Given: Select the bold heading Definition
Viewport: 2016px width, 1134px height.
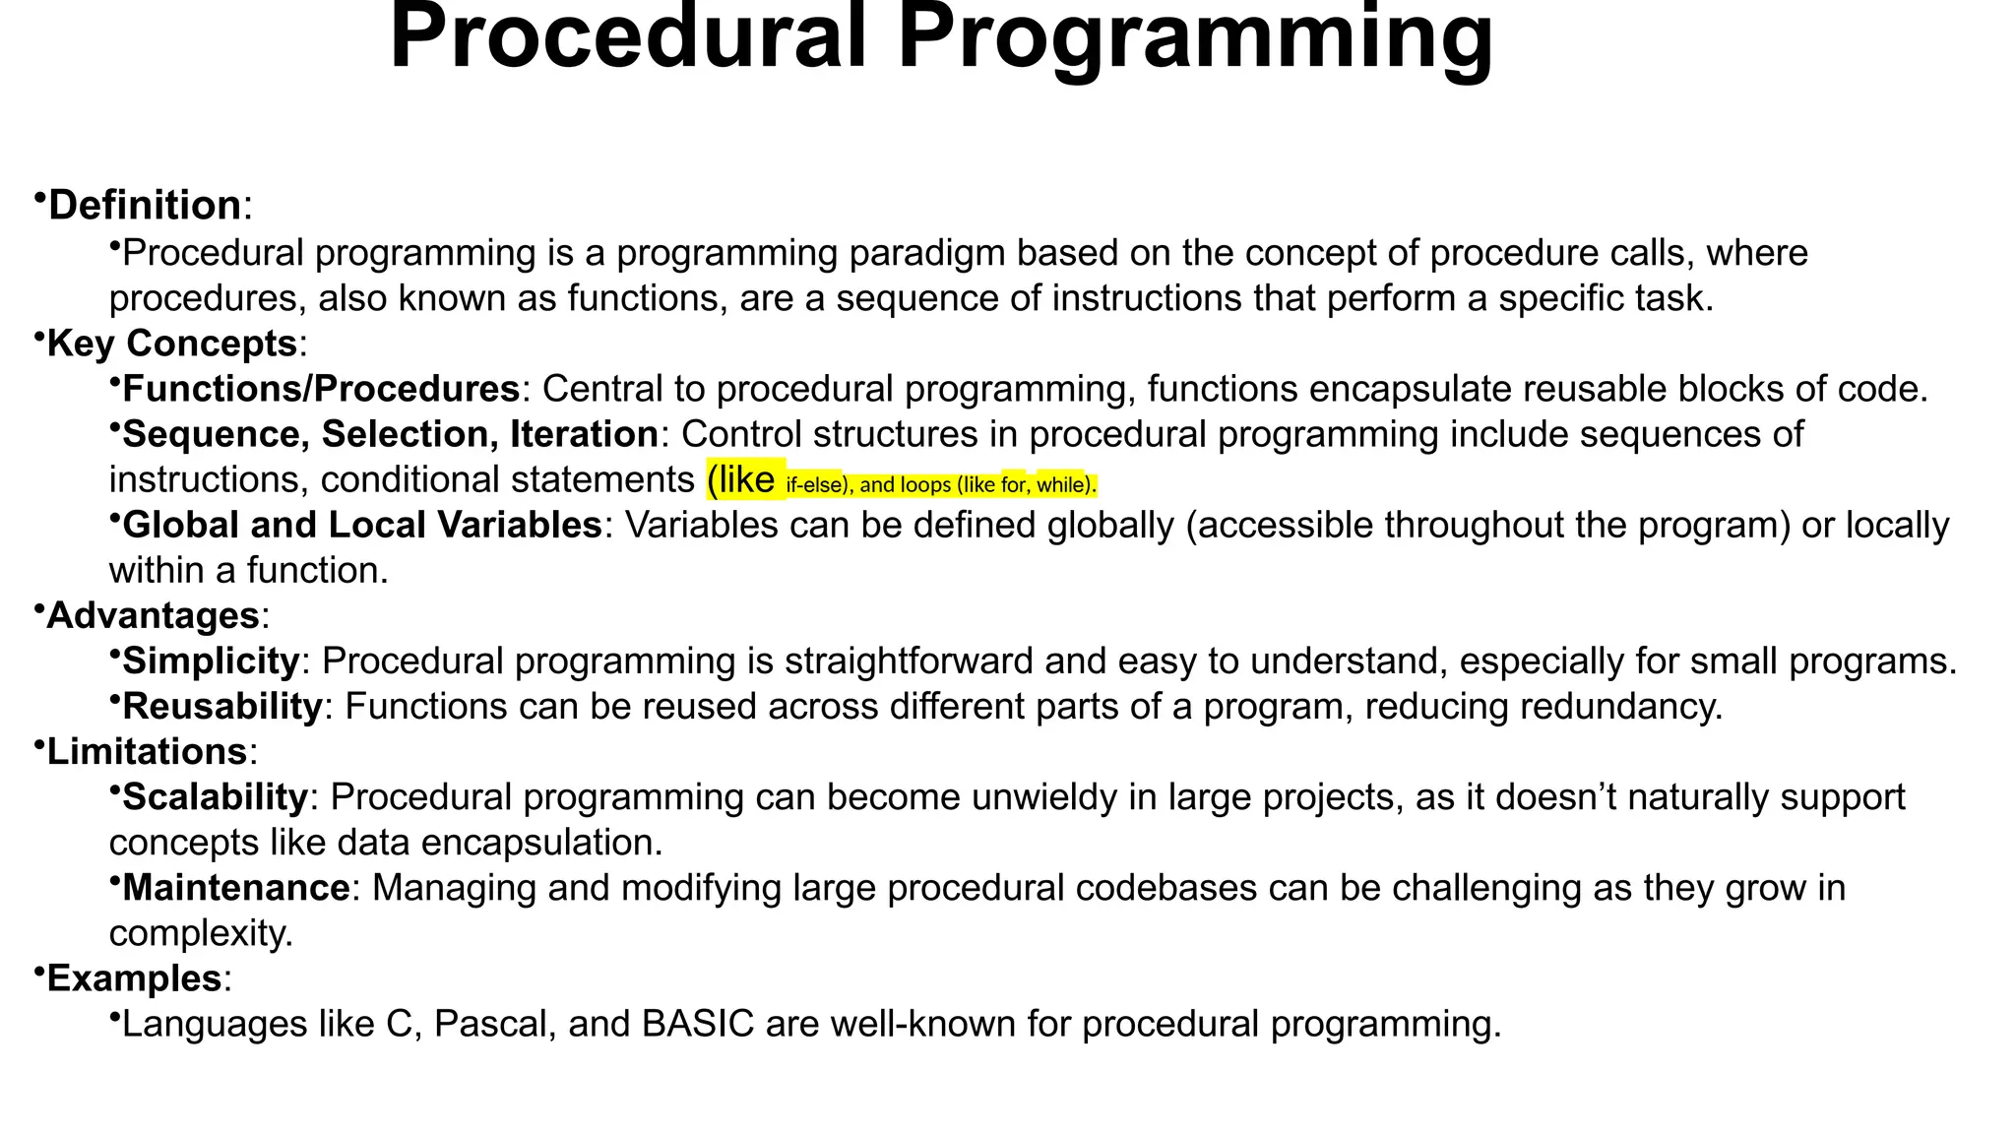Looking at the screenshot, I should tap(145, 206).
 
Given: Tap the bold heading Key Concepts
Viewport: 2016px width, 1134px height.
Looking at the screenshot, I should tap(172, 344).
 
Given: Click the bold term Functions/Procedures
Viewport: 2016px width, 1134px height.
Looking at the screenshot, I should tap(321, 389).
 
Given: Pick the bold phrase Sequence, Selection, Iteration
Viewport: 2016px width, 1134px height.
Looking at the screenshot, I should tap(390, 434).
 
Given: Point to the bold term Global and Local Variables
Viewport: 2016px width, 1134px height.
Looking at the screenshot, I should tap(361, 525).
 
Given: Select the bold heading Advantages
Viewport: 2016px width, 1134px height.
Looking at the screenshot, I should tap(153, 615).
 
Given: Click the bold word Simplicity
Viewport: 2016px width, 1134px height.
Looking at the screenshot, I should tap(211, 661).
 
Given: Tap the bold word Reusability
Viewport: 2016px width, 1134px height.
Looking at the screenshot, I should tap(222, 706).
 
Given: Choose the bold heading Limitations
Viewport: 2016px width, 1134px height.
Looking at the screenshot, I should tap(147, 752).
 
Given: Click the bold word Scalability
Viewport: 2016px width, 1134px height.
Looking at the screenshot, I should tap(215, 797).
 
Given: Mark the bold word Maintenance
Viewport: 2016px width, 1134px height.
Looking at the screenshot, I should tap(236, 888).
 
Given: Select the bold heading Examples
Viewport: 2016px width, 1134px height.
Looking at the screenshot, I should tap(134, 978).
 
